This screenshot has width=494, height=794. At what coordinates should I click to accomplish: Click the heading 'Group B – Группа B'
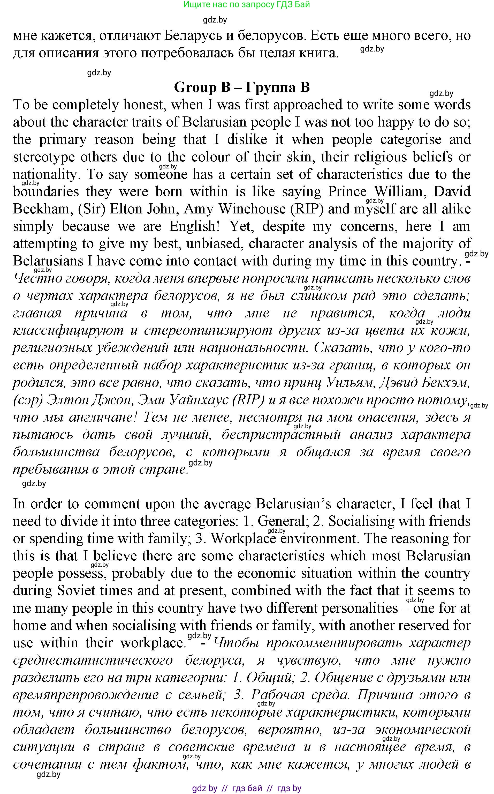[x=242, y=87]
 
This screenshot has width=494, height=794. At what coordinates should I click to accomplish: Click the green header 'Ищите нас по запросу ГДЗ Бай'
[x=247, y=5]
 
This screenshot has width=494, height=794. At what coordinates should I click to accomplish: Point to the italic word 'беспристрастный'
[x=281, y=435]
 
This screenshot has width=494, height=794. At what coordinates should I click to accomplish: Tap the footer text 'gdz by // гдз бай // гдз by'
[x=247, y=788]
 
